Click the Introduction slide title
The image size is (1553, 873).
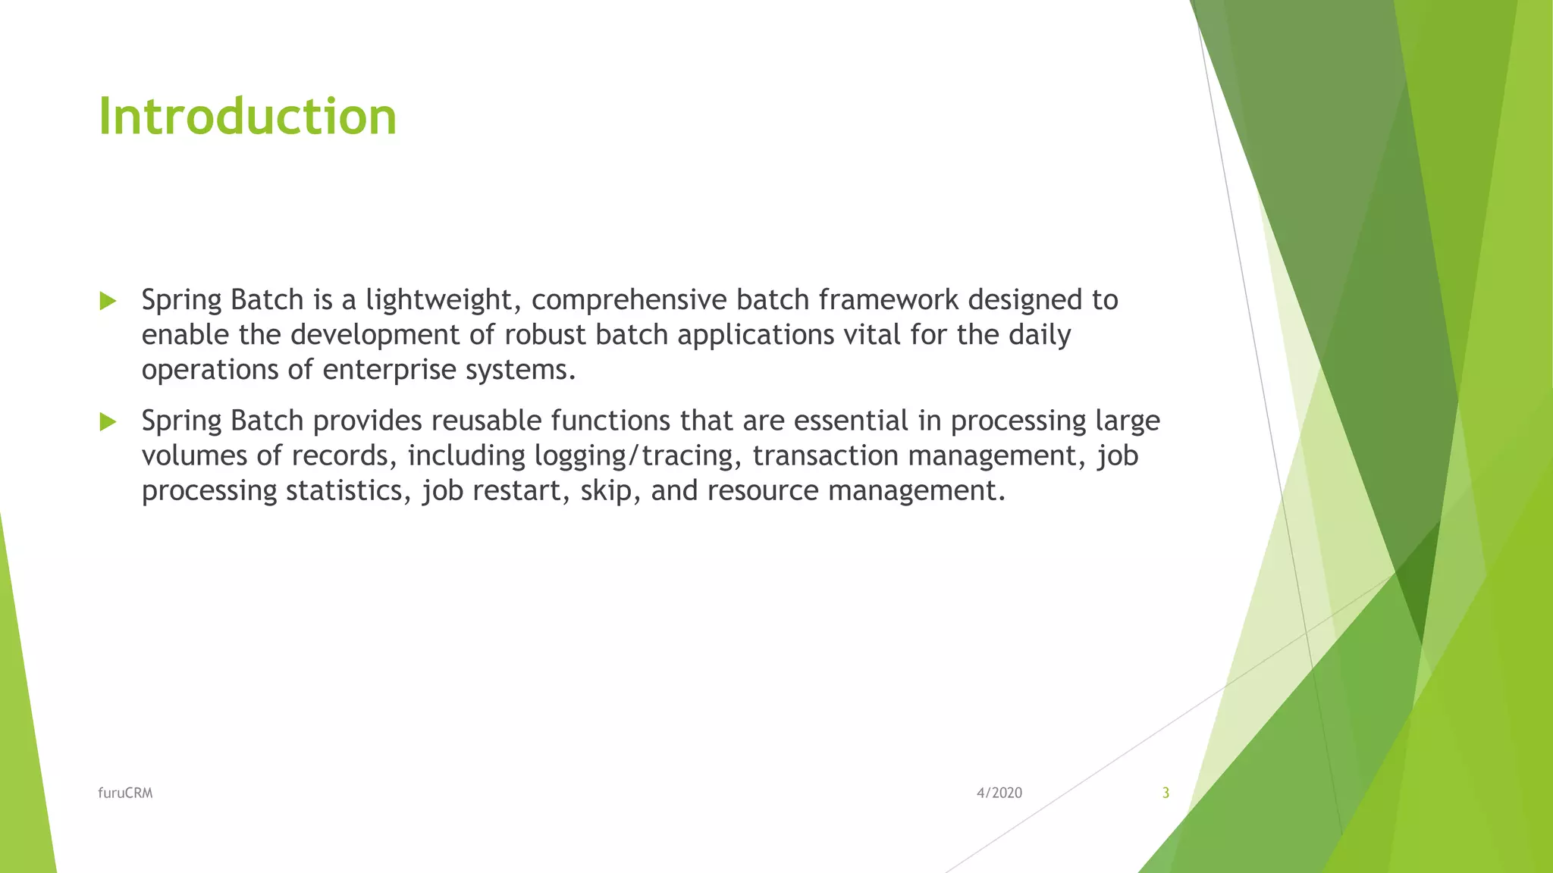coord(247,117)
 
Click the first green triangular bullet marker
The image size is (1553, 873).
coord(108,302)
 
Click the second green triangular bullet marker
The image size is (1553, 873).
coord(108,422)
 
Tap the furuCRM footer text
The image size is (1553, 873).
coord(125,793)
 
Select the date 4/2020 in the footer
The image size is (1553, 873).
coord(999,793)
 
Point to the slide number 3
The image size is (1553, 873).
coord(1166,793)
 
